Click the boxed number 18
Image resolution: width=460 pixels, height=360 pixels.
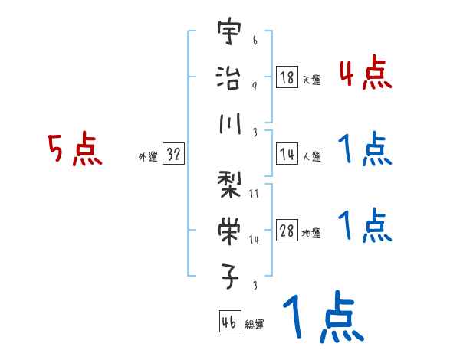[x=287, y=77]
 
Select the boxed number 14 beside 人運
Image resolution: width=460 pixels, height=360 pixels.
[x=287, y=154]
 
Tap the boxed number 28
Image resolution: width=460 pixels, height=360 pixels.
[x=287, y=231]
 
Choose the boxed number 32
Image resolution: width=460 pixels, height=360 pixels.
[x=173, y=154]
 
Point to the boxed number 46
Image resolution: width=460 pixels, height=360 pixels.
[x=229, y=321]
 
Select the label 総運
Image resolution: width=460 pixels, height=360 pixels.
[x=254, y=324]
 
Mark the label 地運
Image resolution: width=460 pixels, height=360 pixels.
[x=311, y=233]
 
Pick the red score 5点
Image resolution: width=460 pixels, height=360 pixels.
[x=74, y=149]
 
